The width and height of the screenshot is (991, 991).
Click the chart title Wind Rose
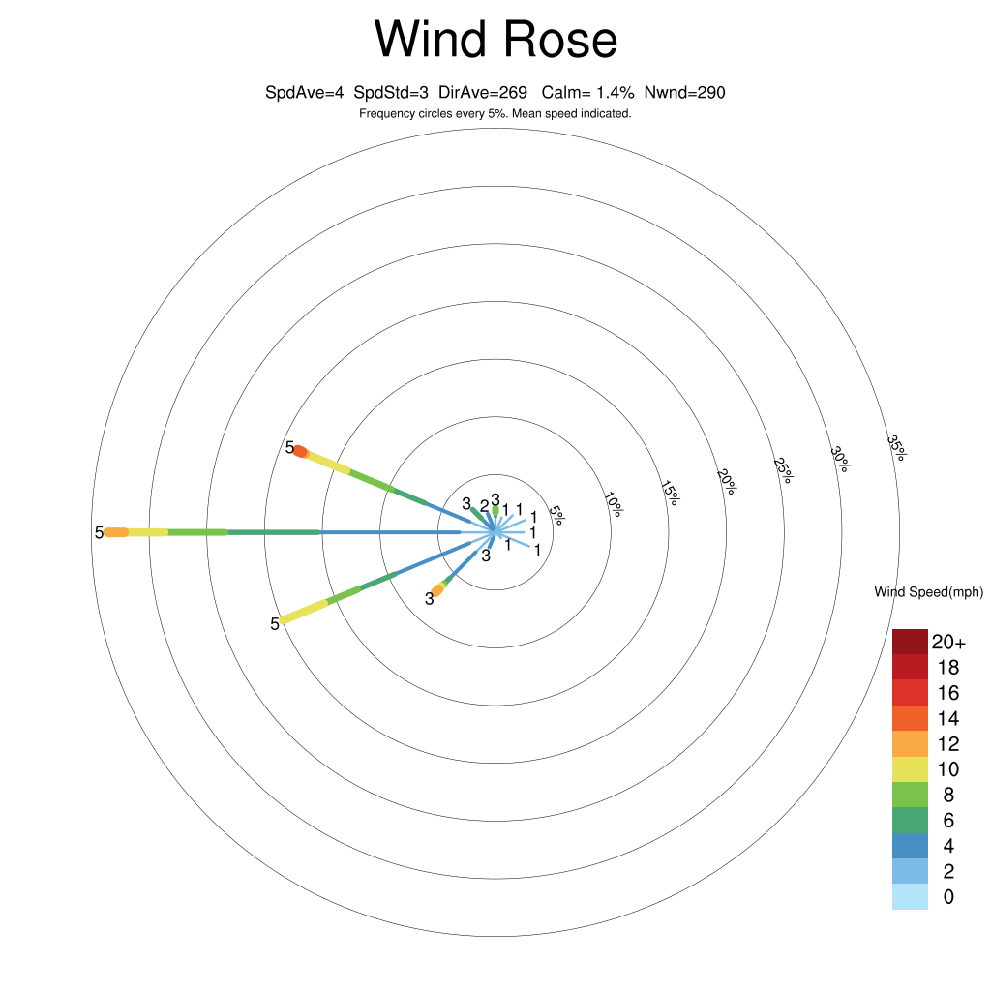pos(495,40)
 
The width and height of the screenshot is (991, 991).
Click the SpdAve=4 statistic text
pos(304,93)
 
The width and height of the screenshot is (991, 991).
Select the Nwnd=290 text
pos(684,93)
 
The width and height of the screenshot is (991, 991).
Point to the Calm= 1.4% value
pos(587,93)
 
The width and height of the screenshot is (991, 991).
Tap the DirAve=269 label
pos(483,93)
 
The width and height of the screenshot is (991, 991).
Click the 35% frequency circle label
pos(896,447)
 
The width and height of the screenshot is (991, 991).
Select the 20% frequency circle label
pos(727,482)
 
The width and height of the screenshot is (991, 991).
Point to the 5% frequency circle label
pos(556,515)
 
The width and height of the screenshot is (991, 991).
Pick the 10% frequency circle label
pos(613,503)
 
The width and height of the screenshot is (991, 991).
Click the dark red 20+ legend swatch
pos(910,642)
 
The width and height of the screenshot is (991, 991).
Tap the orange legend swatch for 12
pos(910,744)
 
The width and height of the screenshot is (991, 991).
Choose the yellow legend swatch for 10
pos(910,769)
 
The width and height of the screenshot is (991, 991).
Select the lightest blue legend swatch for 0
pos(910,897)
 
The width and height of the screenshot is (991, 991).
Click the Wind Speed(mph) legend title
pos(928,592)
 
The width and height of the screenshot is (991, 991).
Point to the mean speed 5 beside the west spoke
pos(99,533)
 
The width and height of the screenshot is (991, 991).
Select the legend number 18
pos(948,668)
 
